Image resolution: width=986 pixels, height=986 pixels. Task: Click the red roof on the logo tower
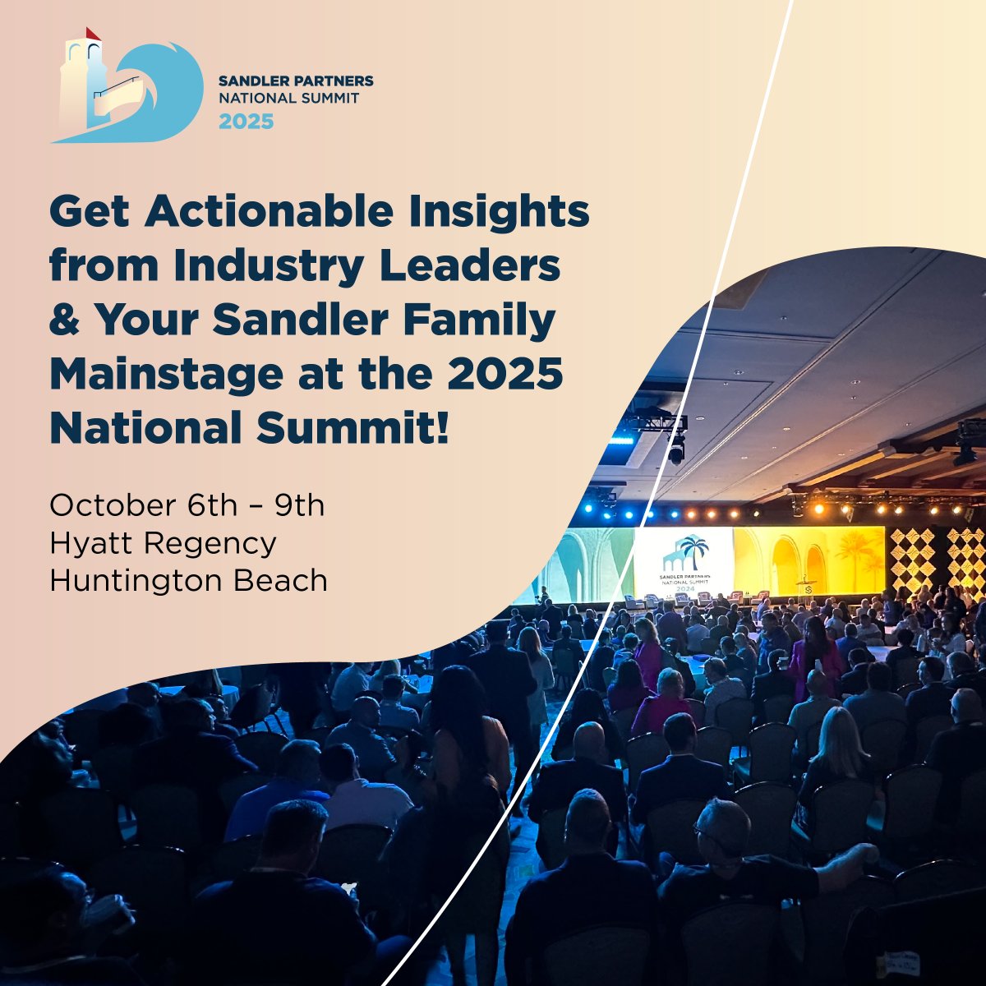[93, 34]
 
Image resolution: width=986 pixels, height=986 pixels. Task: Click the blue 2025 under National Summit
[246, 122]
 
